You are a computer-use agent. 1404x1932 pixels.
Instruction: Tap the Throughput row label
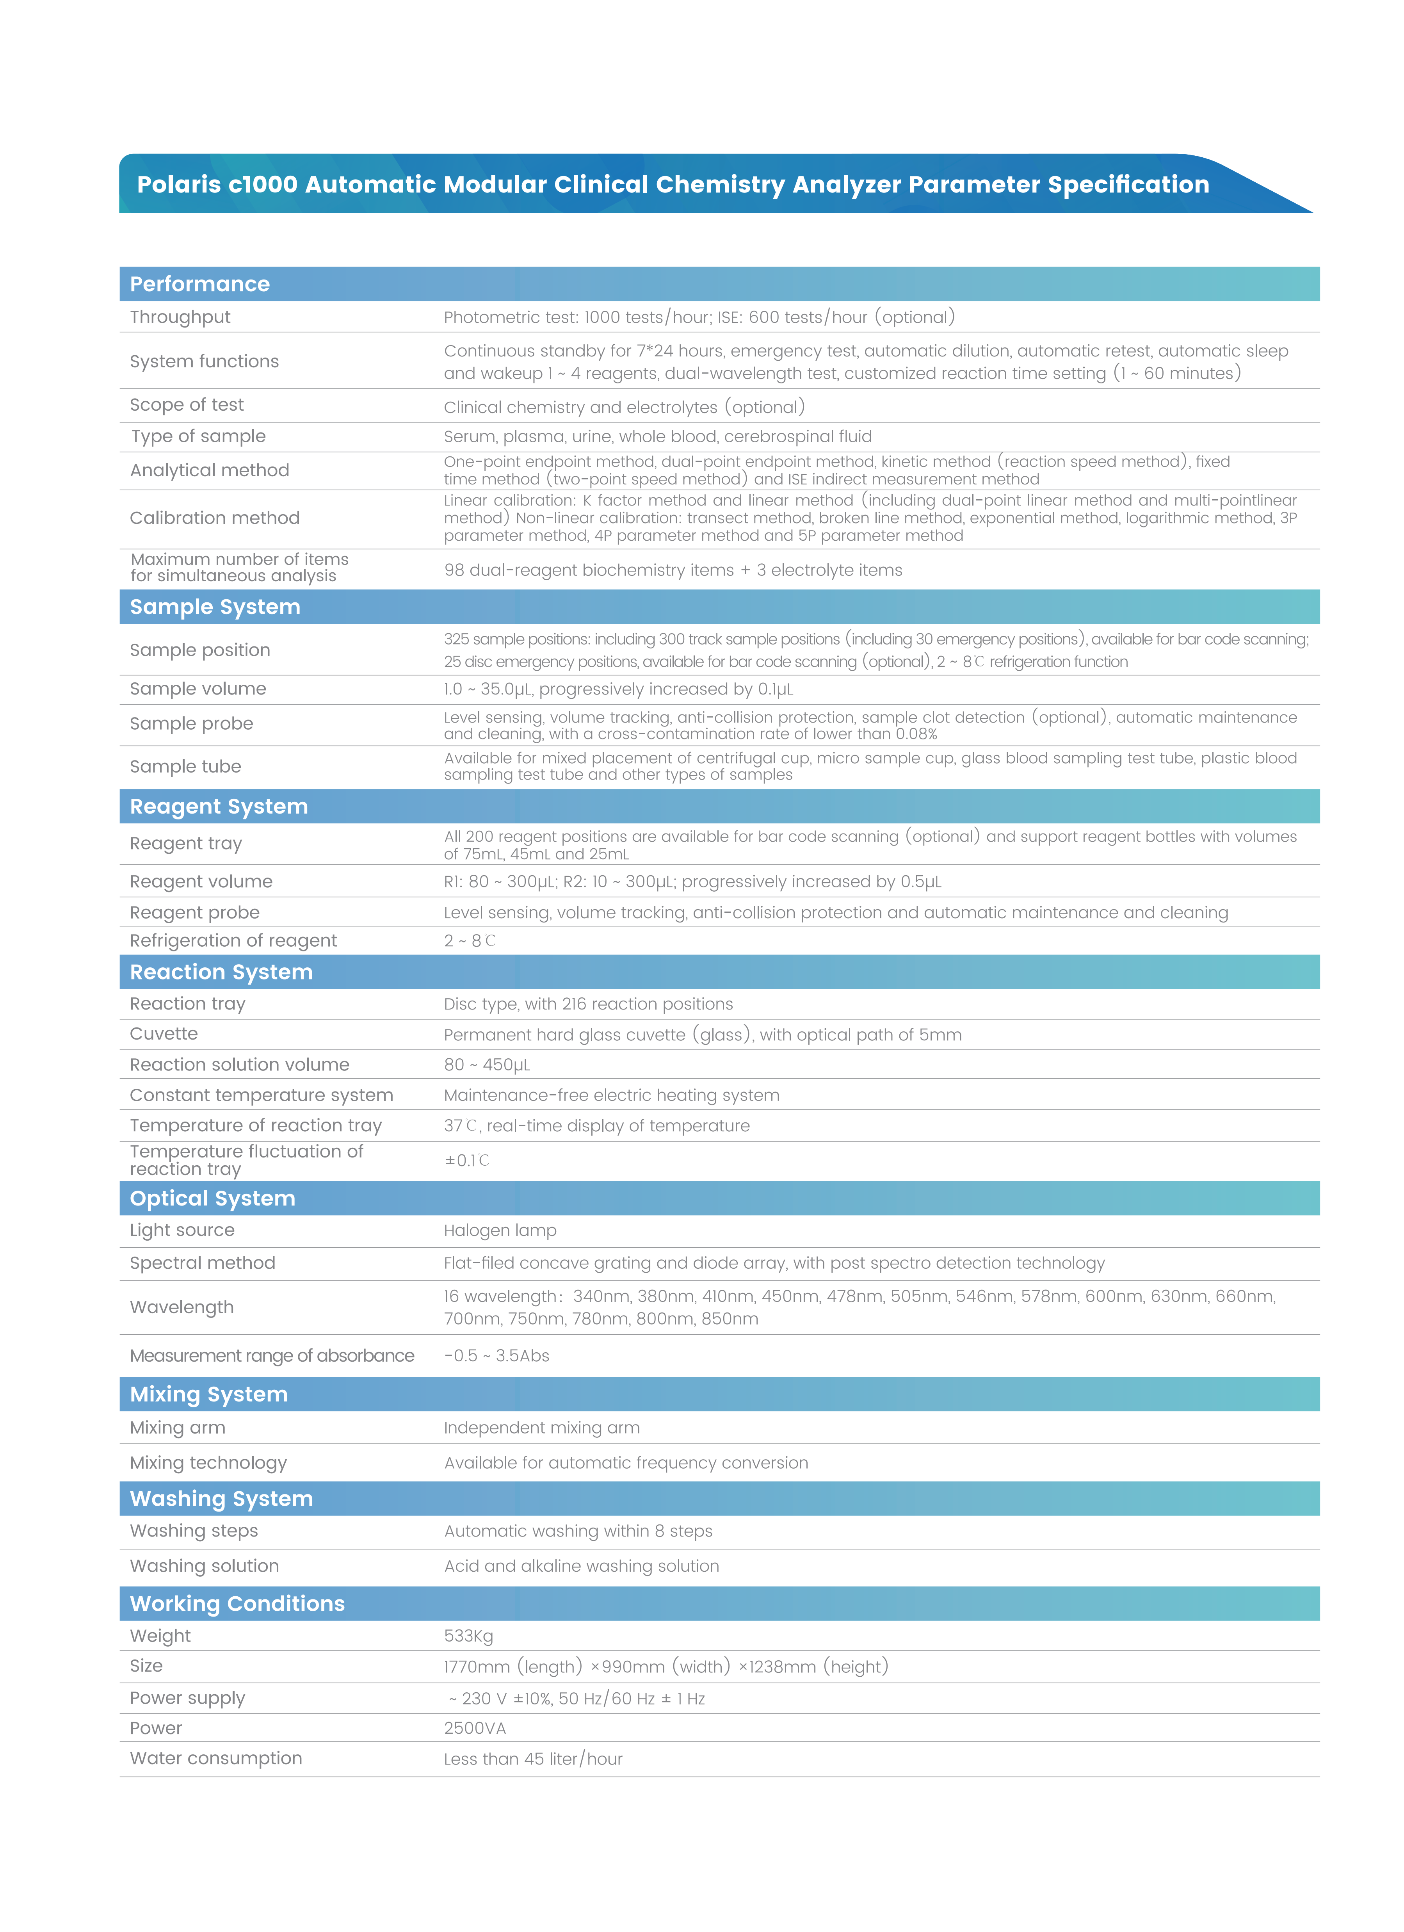click(x=180, y=317)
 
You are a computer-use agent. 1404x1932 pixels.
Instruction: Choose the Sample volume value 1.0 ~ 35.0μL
click(x=617, y=689)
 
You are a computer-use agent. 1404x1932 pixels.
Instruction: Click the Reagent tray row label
click(x=186, y=843)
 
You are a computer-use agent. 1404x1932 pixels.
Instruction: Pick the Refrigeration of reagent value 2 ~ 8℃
click(x=470, y=940)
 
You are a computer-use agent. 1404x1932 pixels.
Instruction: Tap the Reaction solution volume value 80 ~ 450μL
click(x=486, y=1065)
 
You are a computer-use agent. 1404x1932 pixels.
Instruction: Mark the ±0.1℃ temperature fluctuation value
click(x=467, y=1160)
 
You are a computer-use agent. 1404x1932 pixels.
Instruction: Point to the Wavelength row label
click(x=182, y=1308)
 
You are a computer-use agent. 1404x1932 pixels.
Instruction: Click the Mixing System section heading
click(x=209, y=1394)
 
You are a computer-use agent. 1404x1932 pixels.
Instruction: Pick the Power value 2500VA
click(x=475, y=1728)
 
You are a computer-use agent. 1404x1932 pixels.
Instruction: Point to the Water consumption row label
click(x=215, y=1758)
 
